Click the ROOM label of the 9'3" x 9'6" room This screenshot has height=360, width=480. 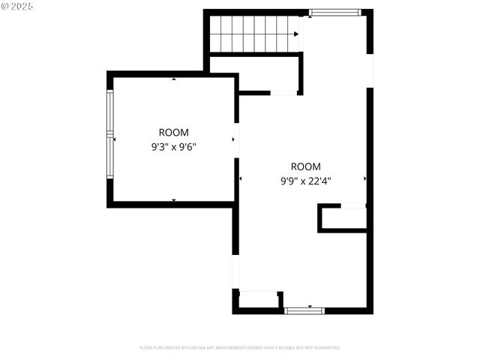[173, 132]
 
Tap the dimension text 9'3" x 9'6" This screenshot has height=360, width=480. [173, 147]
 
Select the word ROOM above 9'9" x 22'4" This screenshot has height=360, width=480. [305, 166]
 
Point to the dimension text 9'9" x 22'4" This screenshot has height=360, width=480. [305, 181]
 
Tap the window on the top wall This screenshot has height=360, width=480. [334, 12]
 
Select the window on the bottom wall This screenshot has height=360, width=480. [304, 310]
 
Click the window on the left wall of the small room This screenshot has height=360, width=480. [110, 136]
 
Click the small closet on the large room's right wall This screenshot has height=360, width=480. [343, 218]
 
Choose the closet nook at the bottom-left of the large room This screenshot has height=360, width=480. [258, 300]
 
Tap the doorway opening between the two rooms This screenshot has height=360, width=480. [236, 140]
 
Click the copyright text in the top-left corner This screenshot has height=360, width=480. [17, 6]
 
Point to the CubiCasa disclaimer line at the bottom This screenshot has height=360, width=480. [240, 348]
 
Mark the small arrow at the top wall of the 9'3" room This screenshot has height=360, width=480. [174, 78]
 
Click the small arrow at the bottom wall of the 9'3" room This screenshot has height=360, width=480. [174, 200]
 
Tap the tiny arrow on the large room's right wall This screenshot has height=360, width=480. [364, 178]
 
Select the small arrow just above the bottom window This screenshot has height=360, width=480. [304, 304]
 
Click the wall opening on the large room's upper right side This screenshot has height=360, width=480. [369, 70]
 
